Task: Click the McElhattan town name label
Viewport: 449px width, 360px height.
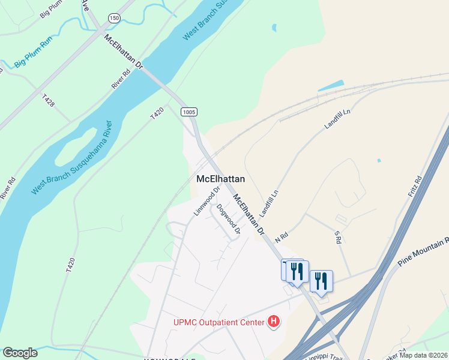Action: pos(220,179)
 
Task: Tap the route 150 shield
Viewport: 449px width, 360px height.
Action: pos(113,19)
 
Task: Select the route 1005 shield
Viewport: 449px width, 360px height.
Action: pos(188,112)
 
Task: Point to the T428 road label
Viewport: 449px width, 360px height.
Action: pos(49,100)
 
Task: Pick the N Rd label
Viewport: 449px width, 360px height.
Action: pos(282,237)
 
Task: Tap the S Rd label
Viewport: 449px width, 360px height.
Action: pos(337,238)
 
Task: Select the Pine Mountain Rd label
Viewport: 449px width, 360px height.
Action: pos(423,252)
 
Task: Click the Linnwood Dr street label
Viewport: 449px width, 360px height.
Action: pos(204,203)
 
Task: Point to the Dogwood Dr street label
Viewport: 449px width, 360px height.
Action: pos(229,219)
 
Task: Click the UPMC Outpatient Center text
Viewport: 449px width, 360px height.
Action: pos(219,323)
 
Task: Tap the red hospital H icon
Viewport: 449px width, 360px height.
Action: pos(274,322)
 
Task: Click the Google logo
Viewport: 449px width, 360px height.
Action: pos(20,353)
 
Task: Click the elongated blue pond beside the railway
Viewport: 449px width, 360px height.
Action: pos(331,85)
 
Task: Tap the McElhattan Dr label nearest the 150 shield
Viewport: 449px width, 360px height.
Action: pos(124,53)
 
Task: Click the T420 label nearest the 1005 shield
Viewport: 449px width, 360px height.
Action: pos(157,114)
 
